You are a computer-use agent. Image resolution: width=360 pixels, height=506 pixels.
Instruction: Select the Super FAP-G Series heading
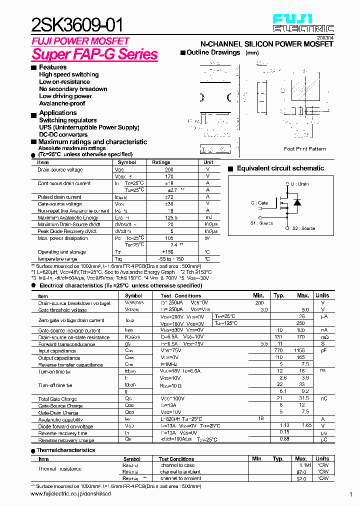(94, 54)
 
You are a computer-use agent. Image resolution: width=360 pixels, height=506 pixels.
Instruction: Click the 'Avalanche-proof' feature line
(62, 103)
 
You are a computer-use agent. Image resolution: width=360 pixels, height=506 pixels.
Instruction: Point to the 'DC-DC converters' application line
(63, 134)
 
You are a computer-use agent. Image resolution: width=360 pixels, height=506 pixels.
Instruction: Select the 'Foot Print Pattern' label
(304, 148)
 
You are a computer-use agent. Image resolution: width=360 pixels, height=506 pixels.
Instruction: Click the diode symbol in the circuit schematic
(297, 202)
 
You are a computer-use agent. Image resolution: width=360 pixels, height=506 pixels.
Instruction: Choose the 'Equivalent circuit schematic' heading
(280, 168)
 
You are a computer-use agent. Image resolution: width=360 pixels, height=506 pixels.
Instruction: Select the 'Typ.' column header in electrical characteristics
(279, 295)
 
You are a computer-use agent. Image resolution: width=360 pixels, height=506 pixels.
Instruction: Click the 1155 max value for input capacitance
(300, 351)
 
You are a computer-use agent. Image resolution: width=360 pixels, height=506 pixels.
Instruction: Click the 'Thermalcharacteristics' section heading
(65, 450)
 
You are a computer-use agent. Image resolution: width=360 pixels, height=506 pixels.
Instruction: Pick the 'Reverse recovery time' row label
(62, 433)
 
